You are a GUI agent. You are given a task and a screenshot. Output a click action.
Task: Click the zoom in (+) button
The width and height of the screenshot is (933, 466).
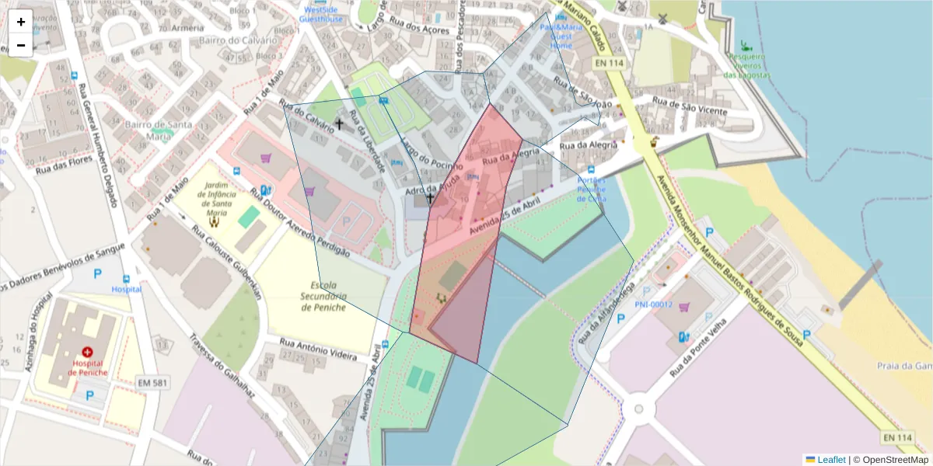21,22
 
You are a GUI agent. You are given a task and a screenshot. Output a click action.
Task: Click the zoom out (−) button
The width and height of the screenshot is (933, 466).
21,45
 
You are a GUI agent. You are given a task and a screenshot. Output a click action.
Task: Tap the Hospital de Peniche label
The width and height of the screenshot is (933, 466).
87,367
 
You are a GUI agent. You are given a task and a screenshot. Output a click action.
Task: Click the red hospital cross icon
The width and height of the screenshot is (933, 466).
87,352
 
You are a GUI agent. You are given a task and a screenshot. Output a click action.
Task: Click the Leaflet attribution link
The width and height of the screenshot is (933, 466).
830,460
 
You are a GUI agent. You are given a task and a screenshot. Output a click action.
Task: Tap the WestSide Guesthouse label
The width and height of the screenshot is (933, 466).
321,14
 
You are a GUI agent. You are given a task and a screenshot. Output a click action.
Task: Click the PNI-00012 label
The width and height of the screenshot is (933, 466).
653,304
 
